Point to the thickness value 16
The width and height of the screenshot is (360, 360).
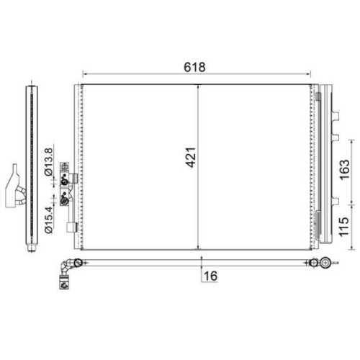210,274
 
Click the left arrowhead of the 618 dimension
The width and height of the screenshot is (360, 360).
86,73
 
